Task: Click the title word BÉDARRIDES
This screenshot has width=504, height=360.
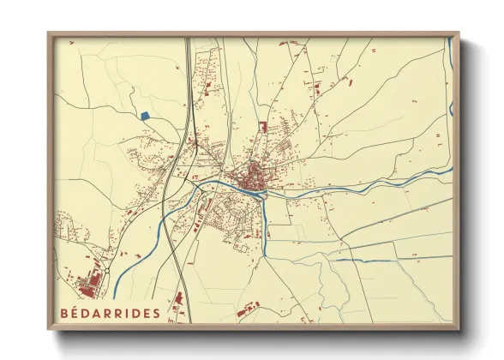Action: pyautogui.click(x=110, y=313)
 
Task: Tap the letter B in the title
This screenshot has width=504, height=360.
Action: pyautogui.click(x=65, y=313)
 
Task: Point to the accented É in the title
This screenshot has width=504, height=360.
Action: pyautogui.click(x=77, y=313)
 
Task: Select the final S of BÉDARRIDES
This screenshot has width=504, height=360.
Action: pyautogui.click(x=155, y=313)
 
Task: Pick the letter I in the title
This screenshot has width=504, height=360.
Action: pyautogui.click(x=124, y=313)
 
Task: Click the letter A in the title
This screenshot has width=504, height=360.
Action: pyautogui.click(x=99, y=313)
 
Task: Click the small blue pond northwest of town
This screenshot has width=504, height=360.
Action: pyautogui.click(x=144, y=115)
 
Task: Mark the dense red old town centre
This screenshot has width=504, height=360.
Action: pyautogui.click(x=253, y=179)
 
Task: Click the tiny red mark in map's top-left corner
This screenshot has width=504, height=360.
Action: pyautogui.click(x=64, y=47)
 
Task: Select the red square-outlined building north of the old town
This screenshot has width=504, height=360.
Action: pyautogui.click(x=262, y=127)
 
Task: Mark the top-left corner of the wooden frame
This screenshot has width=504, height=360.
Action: pyautogui.click(x=49, y=34)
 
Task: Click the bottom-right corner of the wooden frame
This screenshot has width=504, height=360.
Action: pyautogui.click(x=458, y=330)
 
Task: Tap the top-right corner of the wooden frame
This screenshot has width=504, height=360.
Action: pyautogui.click(x=458, y=34)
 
